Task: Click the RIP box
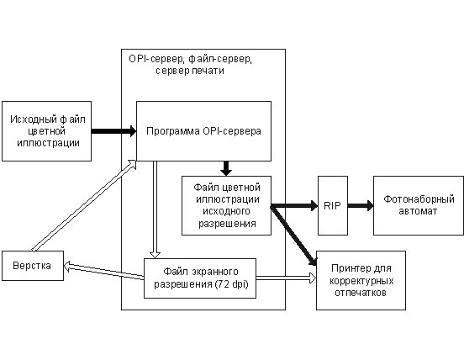click(333, 206)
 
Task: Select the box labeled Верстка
click(33, 266)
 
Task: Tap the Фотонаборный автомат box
click(418, 206)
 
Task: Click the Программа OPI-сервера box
click(203, 131)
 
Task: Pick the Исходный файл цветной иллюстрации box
click(46, 131)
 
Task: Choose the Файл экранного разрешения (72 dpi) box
click(200, 278)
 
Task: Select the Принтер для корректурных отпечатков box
click(361, 280)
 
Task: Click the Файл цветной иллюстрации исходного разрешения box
click(226, 206)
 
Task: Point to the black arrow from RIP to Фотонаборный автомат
click(361, 205)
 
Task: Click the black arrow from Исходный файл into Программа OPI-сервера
click(114, 131)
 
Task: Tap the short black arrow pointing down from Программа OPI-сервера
click(226, 168)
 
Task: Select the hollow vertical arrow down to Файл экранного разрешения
click(155, 209)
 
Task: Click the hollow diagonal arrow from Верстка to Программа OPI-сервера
click(84, 206)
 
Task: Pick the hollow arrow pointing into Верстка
click(103, 271)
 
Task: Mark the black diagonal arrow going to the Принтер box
click(294, 235)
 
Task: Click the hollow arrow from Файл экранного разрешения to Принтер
click(286, 278)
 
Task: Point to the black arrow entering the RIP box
click(294, 205)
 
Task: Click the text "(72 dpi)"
click(232, 284)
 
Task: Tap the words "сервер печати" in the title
click(190, 71)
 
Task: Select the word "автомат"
click(418, 211)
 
